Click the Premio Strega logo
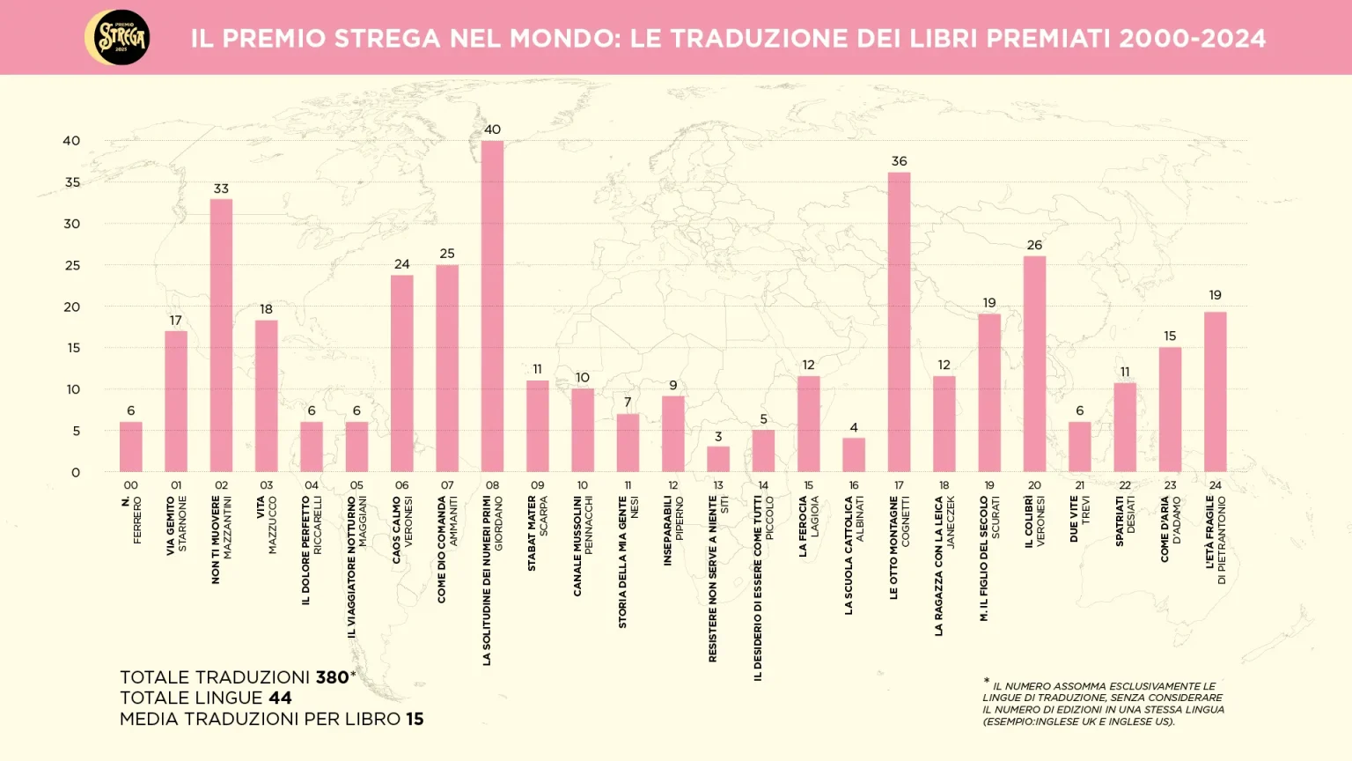click(x=118, y=38)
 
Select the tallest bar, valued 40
click(x=492, y=306)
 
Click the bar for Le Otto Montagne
click(x=899, y=321)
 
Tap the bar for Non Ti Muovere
click(x=221, y=335)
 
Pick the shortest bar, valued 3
click(x=718, y=459)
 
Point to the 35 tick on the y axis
click(x=72, y=182)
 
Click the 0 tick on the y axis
click(x=76, y=472)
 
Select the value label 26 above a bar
click(x=1034, y=245)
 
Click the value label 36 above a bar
click(x=899, y=161)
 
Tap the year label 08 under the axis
click(x=492, y=485)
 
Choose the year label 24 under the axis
click(x=1215, y=485)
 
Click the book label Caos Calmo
click(x=397, y=529)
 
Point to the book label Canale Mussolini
click(x=577, y=545)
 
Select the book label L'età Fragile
click(x=1210, y=531)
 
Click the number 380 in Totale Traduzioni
click(x=333, y=677)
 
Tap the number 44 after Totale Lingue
click(x=280, y=698)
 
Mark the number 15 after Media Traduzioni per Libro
click(x=415, y=719)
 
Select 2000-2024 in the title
click(x=1192, y=39)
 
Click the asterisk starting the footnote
click(x=987, y=682)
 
